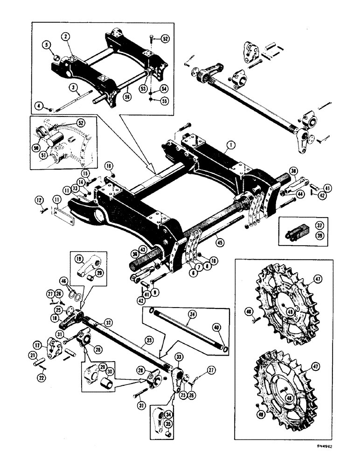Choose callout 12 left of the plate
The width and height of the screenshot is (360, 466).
click(x=40, y=201)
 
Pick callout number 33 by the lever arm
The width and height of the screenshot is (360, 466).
click(x=178, y=357)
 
